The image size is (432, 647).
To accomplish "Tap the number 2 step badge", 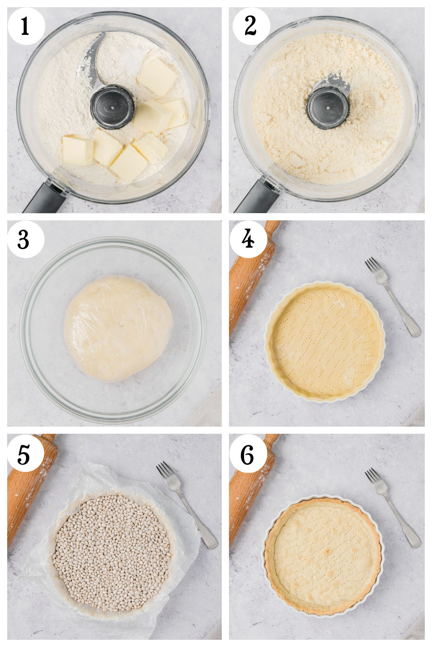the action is (x=251, y=26).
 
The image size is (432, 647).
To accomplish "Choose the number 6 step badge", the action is (x=248, y=453).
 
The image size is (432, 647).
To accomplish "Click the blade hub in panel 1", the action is (x=112, y=107).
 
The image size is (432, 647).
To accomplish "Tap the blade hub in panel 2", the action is (x=328, y=107).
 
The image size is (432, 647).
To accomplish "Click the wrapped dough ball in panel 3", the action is (x=118, y=328).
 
